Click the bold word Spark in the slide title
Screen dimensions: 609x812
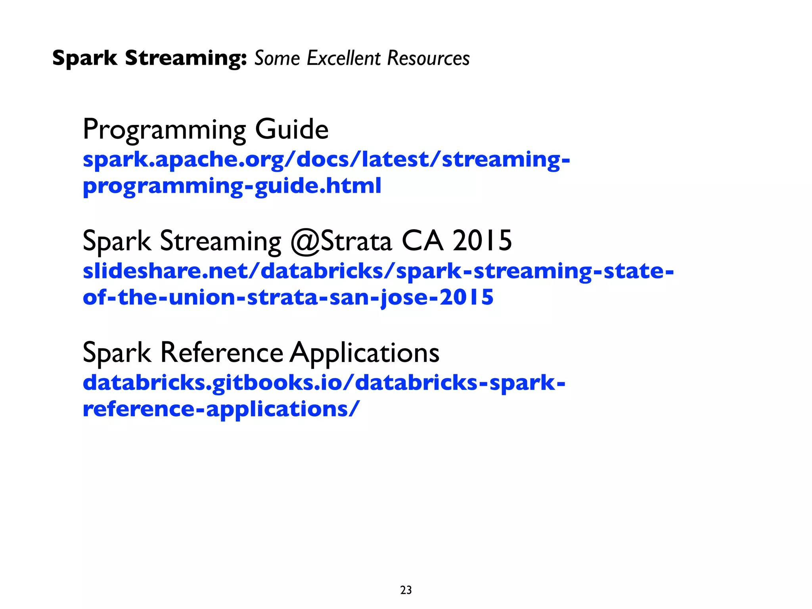point(84,58)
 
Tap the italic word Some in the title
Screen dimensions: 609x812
point(277,58)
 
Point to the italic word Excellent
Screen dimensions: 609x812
point(344,58)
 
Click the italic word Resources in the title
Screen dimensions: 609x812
point(428,58)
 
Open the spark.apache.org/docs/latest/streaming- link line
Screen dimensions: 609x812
point(326,159)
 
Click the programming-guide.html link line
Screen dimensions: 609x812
point(232,186)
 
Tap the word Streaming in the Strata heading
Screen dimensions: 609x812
point(220,241)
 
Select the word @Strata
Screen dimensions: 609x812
point(341,241)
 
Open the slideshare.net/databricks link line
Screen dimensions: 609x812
point(378,271)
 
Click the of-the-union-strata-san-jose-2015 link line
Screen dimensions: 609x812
point(288,297)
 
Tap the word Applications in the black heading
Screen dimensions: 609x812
point(364,353)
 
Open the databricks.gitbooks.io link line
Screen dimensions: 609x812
point(324,383)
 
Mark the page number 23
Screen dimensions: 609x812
point(406,590)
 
